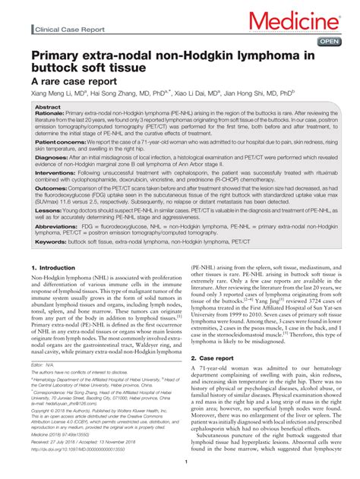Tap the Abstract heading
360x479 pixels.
pos(48,109)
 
